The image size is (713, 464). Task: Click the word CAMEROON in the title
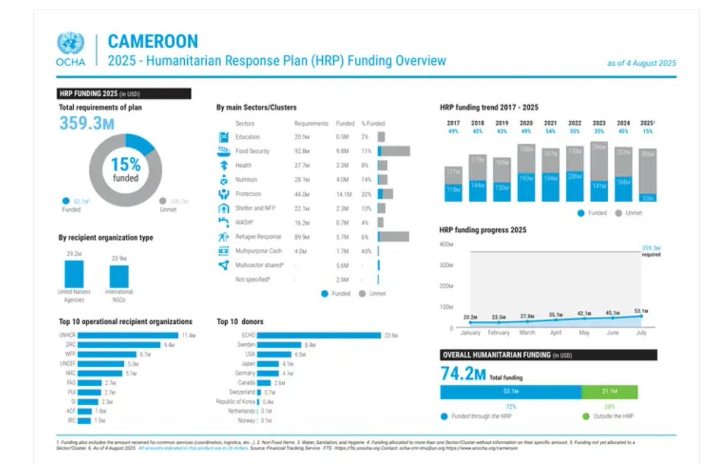(x=153, y=42)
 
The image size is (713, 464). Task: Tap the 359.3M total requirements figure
(x=87, y=123)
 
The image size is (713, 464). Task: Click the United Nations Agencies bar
(x=74, y=273)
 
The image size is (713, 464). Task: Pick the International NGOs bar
(x=119, y=276)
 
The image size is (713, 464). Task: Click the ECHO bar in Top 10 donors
(x=318, y=336)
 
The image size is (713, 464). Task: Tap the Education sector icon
(x=223, y=137)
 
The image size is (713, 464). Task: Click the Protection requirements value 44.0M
(x=302, y=194)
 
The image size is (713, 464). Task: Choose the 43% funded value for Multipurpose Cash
(x=366, y=251)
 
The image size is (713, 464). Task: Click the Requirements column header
(x=311, y=124)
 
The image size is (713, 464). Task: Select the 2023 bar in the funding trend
(x=599, y=172)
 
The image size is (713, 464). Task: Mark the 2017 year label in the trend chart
(x=453, y=124)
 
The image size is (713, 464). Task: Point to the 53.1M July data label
(x=640, y=311)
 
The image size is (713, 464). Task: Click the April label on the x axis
(x=555, y=333)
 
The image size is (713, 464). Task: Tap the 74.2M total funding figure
(x=463, y=374)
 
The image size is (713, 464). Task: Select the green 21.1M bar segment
(x=609, y=392)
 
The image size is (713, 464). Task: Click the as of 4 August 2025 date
(x=641, y=63)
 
